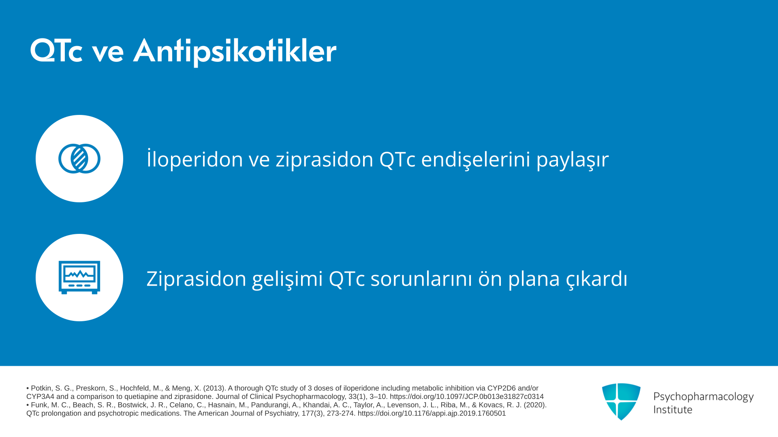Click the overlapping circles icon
coord(79,159)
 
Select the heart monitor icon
coord(79,278)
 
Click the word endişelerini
coord(476,159)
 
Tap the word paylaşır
coord(573,159)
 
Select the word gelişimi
coord(287,279)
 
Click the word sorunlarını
coord(421,278)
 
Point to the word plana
coord(534,279)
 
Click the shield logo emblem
coord(621,401)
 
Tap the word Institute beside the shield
coord(673,410)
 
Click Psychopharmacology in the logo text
coord(703,397)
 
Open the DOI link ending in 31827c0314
coord(467,397)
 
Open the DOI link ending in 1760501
coord(432,414)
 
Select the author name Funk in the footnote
coord(39,405)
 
